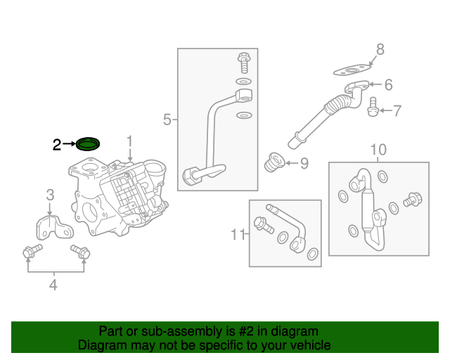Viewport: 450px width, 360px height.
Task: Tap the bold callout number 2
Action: (57, 145)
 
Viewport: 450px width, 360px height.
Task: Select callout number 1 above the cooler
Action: (129, 143)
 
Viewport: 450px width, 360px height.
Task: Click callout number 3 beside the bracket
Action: (50, 195)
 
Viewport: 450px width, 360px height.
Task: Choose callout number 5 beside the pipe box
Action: (167, 120)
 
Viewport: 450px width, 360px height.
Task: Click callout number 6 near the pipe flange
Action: (388, 85)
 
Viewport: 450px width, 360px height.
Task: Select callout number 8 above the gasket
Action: (380, 49)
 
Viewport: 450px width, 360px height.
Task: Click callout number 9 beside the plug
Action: (304, 164)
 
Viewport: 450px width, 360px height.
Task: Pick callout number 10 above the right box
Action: (378, 150)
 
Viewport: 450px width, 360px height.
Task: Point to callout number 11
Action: (238, 233)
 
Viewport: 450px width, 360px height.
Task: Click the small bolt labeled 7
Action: (373, 105)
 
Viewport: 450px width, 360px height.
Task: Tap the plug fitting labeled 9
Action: (273, 163)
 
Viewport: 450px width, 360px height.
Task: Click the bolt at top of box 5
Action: (244, 63)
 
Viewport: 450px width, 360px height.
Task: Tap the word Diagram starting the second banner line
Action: (101, 345)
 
